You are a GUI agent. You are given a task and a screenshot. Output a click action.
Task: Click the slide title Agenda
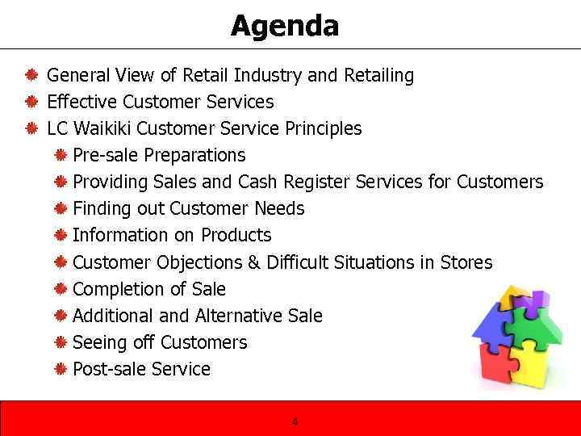pyautogui.click(x=285, y=27)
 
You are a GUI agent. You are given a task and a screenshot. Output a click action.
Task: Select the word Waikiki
pyautogui.click(x=102, y=129)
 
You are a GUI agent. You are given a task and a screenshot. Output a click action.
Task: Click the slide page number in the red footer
pyautogui.click(x=295, y=421)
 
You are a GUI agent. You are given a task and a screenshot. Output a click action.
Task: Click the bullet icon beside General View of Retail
pyautogui.click(x=30, y=76)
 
